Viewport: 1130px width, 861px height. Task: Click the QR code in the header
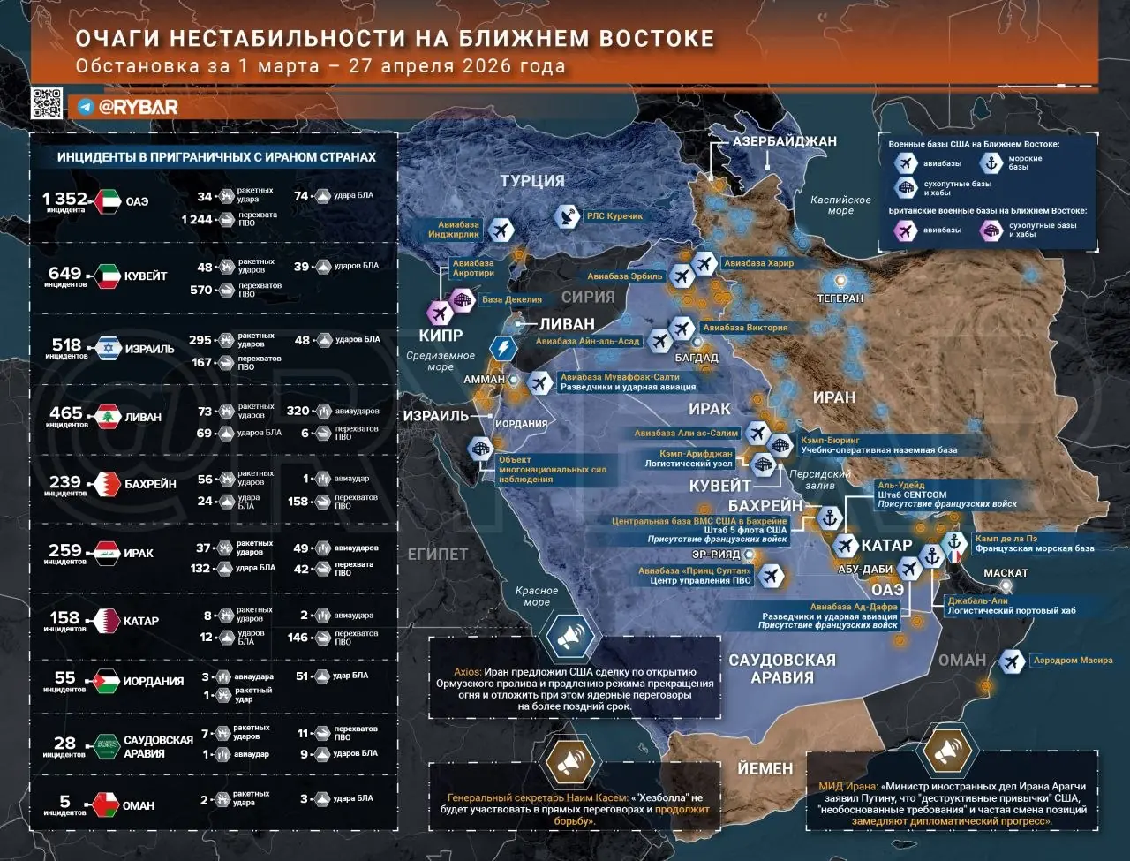[47, 103]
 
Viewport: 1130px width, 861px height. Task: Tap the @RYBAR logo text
[138, 107]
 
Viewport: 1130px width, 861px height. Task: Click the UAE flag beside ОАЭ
[108, 200]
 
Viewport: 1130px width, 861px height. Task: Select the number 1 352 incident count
[65, 198]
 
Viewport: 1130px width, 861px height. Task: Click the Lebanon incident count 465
[66, 412]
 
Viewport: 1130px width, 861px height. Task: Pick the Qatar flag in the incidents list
[108, 621]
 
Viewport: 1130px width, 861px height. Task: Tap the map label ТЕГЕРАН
[840, 298]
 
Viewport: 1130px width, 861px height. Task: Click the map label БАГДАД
[697, 358]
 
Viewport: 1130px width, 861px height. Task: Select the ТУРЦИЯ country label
[531, 181]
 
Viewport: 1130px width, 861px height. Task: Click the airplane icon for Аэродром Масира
[1011, 661]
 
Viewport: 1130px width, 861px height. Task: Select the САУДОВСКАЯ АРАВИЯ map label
[781, 669]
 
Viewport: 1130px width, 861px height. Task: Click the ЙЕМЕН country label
[765, 768]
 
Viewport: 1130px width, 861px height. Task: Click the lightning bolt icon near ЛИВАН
[503, 347]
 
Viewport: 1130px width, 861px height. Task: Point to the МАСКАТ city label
[1005, 573]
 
